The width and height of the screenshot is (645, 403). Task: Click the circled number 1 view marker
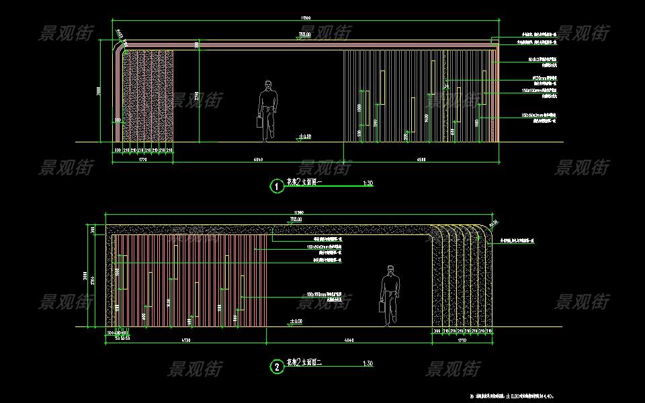click(276, 186)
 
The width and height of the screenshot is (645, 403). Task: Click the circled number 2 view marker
click(276, 367)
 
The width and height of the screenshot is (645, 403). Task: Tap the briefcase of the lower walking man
click(381, 308)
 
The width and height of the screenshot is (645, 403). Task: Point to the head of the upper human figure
click(269, 85)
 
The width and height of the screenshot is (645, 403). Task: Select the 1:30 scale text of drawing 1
click(368, 183)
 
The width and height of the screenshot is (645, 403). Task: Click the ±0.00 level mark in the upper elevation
click(304, 137)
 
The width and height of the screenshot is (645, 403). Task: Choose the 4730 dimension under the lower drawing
click(186, 342)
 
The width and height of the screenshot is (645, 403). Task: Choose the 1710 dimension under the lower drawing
click(462, 342)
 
